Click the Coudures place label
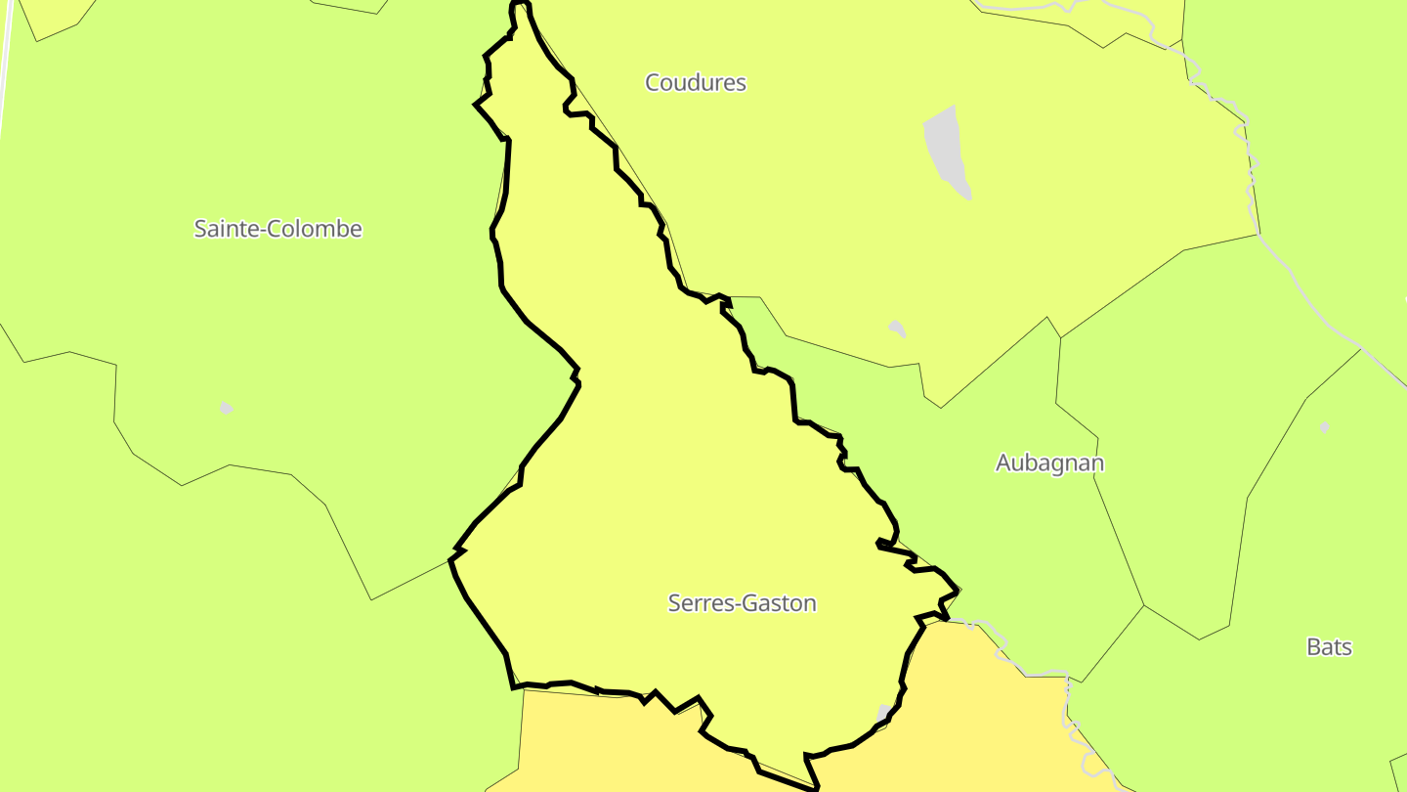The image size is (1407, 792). pyautogui.click(x=696, y=83)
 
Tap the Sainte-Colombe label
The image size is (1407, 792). pyautogui.click(x=277, y=229)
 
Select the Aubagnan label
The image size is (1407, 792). pyautogui.click(x=1049, y=462)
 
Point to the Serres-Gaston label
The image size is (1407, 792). pyautogui.click(x=742, y=603)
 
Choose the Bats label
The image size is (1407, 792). pyautogui.click(x=1329, y=647)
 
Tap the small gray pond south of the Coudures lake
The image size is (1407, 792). pyautogui.click(x=897, y=328)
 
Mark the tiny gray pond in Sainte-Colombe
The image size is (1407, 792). pyautogui.click(x=227, y=408)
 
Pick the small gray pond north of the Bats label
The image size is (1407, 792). pyautogui.click(x=1324, y=427)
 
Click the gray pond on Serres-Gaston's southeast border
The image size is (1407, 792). pyautogui.click(x=883, y=715)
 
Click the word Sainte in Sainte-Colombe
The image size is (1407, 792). pyautogui.click(x=221, y=229)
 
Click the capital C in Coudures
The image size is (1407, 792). pyautogui.click(x=652, y=83)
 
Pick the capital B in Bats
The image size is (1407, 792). pyautogui.click(x=1313, y=647)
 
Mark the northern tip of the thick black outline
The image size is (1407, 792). pyautogui.click(x=521, y=4)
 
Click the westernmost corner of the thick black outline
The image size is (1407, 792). pyautogui.click(x=450, y=558)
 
